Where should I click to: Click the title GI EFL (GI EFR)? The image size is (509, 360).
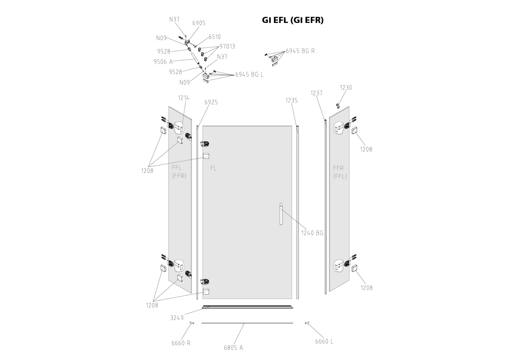(293, 20)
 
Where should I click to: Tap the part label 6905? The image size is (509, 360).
(199, 23)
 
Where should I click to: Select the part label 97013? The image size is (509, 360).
(227, 46)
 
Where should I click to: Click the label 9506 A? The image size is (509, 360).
(163, 62)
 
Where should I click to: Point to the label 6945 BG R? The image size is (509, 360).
(300, 51)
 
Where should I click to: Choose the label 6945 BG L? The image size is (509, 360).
(249, 74)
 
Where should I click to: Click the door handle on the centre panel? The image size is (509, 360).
(281, 214)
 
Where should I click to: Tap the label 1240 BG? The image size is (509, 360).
(312, 233)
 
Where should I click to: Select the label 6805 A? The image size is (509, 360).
(233, 348)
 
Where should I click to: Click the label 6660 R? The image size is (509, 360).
(181, 343)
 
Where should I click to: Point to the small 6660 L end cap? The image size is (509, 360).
(307, 323)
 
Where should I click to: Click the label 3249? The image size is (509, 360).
(177, 318)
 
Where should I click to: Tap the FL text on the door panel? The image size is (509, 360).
(213, 168)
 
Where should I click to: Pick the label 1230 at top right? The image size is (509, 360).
(346, 88)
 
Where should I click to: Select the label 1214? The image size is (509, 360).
(184, 98)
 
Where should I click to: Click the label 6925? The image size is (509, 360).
(211, 102)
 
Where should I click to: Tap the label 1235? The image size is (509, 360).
(291, 100)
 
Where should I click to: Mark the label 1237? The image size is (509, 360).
(317, 93)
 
